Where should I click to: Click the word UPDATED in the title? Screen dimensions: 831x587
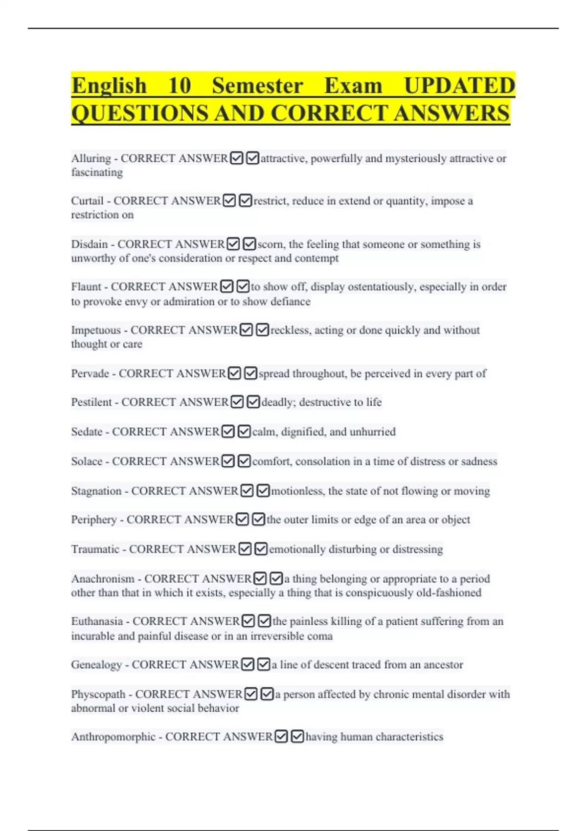459,86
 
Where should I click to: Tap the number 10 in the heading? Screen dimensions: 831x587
180,86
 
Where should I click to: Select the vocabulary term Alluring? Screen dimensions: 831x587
91,159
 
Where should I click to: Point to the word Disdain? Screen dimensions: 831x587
89,244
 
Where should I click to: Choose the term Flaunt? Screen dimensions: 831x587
86,286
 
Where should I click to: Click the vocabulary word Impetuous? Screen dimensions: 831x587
96,330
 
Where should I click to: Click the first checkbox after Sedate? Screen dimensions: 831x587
228,432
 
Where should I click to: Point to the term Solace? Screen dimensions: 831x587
87,461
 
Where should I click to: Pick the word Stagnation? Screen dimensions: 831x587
96,491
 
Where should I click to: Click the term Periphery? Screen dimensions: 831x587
94,520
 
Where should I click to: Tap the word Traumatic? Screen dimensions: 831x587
95,549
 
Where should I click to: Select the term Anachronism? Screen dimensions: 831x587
103,579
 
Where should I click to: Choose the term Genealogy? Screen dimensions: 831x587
96,665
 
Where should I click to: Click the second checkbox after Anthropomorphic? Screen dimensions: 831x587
297,736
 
